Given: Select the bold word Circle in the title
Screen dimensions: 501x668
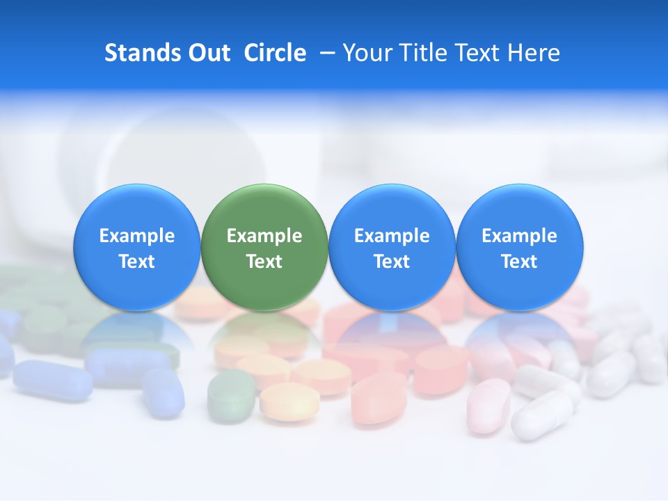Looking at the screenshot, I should coord(275,53).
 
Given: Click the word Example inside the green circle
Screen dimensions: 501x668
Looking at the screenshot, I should coord(264,236).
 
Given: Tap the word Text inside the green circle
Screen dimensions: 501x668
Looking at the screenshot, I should coord(264,262).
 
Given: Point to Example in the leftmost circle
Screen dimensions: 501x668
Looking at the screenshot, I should coord(137,236).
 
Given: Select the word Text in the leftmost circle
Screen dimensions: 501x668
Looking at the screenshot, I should coord(137,262).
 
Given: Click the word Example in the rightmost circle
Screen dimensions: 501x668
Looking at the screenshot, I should coord(520,236).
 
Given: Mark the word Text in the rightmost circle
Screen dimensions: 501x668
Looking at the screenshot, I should coord(520,262).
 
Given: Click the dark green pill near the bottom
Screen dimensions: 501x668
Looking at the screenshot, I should coord(231,395).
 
